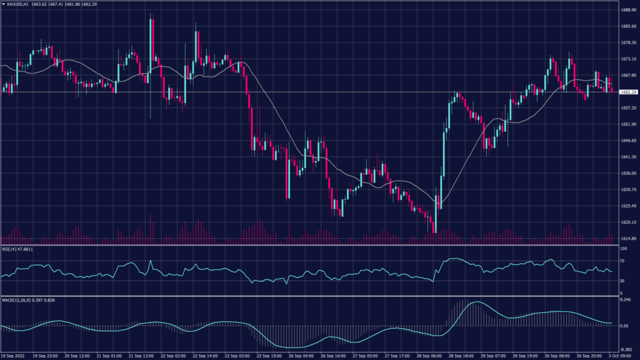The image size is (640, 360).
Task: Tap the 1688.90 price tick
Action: pyautogui.click(x=628, y=10)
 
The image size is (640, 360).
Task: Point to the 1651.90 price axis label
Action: pyautogui.click(x=628, y=124)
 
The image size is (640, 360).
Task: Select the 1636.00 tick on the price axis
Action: pyautogui.click(x=628, y=174)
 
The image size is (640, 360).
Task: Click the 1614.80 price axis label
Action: pyautogui.click(x=628, y=239)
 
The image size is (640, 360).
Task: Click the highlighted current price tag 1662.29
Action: pyautogui.click(x=628, y=92)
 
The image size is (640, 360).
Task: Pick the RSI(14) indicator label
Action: pyautogui.click(x=17, y=249)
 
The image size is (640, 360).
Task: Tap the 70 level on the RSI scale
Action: pyautogui.click(x=622, y=261)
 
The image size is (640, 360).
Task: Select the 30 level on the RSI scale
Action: pyautogui.click(x=622, y=281)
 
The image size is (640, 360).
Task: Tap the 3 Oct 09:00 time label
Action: pyautogui.click(x=621, y=356)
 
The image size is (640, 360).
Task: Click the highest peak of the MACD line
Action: pyautogui.click(x=475, y=302)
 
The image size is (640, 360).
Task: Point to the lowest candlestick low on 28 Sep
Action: pyautogui.click(x=435, y=232)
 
